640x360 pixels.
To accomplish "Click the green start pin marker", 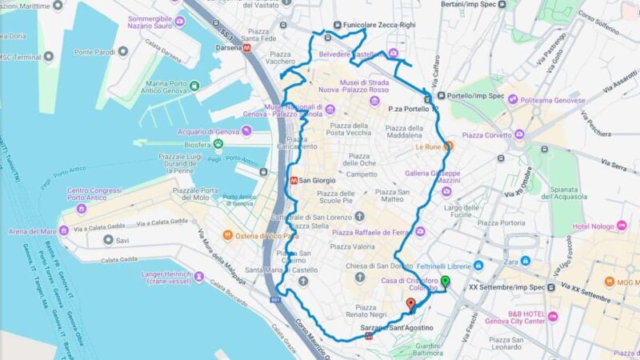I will pyautogui.click(x=446, y=282).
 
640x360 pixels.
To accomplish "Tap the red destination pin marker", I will pyautogui.click(x=410, y=305).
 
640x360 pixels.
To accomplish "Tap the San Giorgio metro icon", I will pyautogui.click(x=295, y=180).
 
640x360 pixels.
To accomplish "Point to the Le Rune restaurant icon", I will pyautogui.click(x=449, y=146).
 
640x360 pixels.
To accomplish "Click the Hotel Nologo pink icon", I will pyautogui.click(x=622, y=226).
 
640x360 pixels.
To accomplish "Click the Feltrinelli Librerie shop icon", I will pyautogui.click(x=478, y=266).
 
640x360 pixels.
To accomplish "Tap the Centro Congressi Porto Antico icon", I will pyautogui.click(x=82, y=208).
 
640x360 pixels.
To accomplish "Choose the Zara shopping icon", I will pyautogui.click(x=526, y=261).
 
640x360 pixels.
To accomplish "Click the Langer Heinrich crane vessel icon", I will pyautogui.click(x=199, y=278).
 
